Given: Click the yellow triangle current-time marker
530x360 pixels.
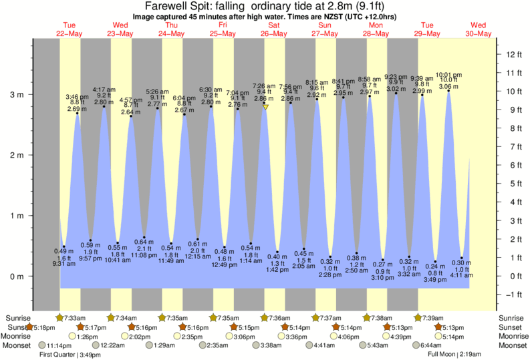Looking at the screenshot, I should pos(265,107).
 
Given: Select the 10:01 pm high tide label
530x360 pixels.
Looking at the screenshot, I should pos(448,75).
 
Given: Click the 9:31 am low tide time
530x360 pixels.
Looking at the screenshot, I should pos(64,263).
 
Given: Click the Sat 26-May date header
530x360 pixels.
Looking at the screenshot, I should pos(274,29).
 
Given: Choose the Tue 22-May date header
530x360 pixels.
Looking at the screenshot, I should pos(69,29).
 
